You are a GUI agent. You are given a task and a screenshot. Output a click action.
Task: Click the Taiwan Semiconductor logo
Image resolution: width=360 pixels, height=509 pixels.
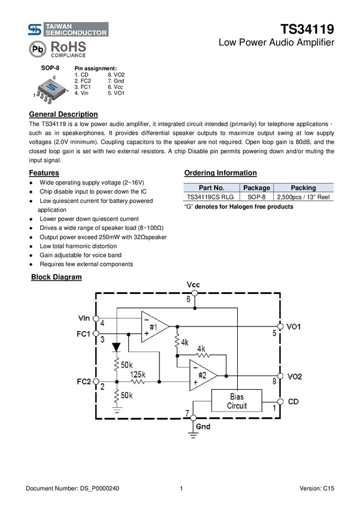tap(66, 29)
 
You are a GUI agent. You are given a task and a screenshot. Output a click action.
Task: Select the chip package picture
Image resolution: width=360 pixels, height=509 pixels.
tap(51, 90)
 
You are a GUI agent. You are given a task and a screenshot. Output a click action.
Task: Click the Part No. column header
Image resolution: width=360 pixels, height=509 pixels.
tap(211, 187)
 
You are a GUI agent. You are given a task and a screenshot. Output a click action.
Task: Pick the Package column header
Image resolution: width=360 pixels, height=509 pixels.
tap(256, 187)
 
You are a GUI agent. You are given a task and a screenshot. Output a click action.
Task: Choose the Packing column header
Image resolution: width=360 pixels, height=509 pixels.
tap(303, 187)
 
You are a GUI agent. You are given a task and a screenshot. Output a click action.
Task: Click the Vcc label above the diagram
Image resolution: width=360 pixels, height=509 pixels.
tap(193, 284)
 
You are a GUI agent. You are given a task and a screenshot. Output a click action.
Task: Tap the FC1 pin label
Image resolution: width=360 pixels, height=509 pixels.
tap(84, 333)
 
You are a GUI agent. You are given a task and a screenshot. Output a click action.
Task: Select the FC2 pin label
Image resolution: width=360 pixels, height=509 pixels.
tap(84, 381)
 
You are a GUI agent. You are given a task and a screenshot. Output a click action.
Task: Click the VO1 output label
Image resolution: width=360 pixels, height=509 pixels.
tap(294, 326)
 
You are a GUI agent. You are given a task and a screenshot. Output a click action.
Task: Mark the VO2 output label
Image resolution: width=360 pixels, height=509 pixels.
tap(294, 376)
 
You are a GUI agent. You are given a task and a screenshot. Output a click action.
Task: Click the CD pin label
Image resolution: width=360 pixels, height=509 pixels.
tap(293, 401)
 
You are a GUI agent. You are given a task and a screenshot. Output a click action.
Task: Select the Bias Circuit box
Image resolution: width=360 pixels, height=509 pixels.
tap(237, 401)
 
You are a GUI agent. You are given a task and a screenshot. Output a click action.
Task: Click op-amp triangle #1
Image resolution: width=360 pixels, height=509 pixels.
tap(153, 326)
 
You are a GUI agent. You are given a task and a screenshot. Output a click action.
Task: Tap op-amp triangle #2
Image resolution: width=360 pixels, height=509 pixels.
tap(202, 375)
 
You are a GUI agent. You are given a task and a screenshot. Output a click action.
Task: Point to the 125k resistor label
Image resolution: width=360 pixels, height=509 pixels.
tap(138, 374)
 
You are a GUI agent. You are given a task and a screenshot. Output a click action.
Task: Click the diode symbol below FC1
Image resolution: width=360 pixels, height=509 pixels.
tap(117, 347)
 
